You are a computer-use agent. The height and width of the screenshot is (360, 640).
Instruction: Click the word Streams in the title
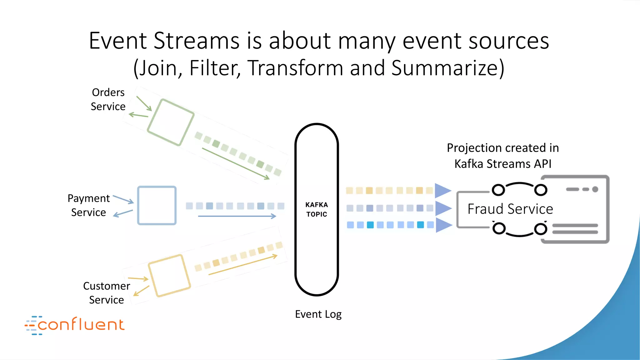[197, 41]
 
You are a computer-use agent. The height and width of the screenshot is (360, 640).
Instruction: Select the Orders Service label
[108, 99]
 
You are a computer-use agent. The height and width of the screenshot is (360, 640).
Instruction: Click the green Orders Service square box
[171, 122]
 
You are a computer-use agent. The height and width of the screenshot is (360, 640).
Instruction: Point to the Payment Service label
[89, 205]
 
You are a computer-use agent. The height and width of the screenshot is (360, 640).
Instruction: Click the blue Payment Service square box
[157, 205]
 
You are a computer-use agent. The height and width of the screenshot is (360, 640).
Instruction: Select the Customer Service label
[107, 293]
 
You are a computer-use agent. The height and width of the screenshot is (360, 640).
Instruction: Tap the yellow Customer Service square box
[169, 275]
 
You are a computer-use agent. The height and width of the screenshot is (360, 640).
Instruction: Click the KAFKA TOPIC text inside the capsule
[317, 209]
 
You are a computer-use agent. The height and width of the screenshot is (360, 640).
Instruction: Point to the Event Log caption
[318, 314]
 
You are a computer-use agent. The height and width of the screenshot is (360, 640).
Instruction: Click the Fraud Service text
[510, 209]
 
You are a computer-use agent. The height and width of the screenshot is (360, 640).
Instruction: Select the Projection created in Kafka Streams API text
[503, 156]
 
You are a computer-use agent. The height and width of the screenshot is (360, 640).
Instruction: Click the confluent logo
[75, 325]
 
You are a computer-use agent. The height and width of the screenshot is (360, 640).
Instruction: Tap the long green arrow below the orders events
[236, 164]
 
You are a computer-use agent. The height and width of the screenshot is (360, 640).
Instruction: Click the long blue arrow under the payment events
[237, 216]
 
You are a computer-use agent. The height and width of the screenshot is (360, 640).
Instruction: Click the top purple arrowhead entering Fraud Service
[442, 191]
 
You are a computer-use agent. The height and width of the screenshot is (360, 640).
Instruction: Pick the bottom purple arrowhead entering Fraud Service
[443, 225]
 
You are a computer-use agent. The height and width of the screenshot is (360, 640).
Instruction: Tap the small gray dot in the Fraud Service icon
[595, 189]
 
